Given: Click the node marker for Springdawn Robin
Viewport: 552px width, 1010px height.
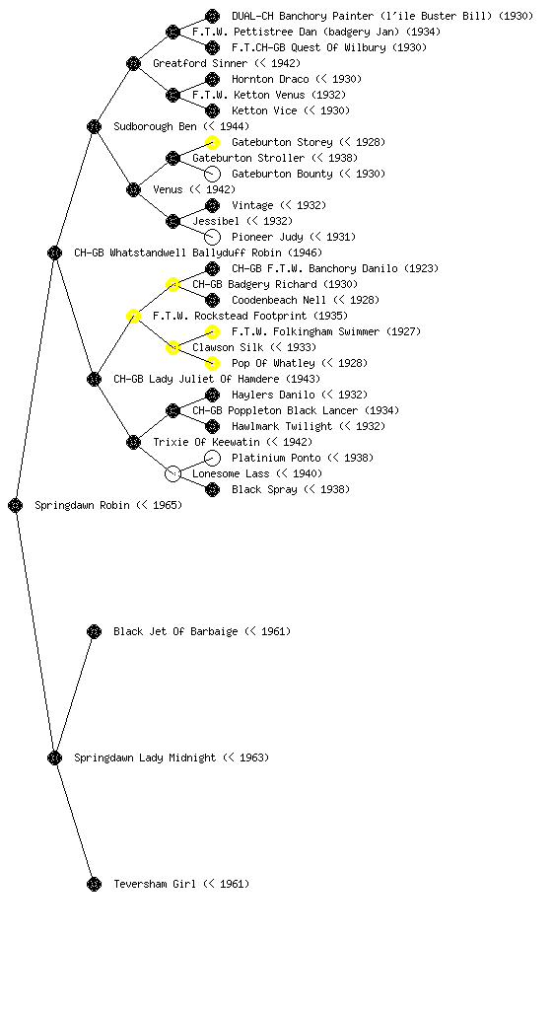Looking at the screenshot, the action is [16, 505].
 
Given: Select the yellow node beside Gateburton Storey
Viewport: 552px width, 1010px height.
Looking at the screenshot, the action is [212, 142].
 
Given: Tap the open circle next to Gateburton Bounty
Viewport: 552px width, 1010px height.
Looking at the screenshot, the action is [212, 174].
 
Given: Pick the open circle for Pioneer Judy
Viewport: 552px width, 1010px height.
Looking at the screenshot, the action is [212, 237].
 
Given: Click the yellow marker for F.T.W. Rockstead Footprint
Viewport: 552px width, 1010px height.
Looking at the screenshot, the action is [133, 316].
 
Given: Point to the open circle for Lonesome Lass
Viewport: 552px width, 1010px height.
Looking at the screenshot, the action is [172, 473].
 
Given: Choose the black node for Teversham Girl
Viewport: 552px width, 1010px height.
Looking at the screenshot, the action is [94, 884].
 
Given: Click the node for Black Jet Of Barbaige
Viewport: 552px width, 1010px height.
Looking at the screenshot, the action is [94, 631].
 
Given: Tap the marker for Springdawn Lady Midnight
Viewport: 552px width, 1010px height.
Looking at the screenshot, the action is [54, 757].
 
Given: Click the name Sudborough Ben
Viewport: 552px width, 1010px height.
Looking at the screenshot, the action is [155, 126].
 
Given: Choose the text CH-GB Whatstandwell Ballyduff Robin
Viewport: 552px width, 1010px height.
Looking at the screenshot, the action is [177, 252].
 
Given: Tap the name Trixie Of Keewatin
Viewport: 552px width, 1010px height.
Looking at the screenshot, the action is [207, 442].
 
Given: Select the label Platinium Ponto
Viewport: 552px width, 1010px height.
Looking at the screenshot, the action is [276, 458].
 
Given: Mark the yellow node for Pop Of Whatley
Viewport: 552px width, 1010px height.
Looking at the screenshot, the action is [212, 363].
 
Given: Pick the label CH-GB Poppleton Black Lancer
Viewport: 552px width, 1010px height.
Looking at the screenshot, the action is [275, 410].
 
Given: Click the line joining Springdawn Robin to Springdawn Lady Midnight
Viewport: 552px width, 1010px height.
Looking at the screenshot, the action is [35, 631].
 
